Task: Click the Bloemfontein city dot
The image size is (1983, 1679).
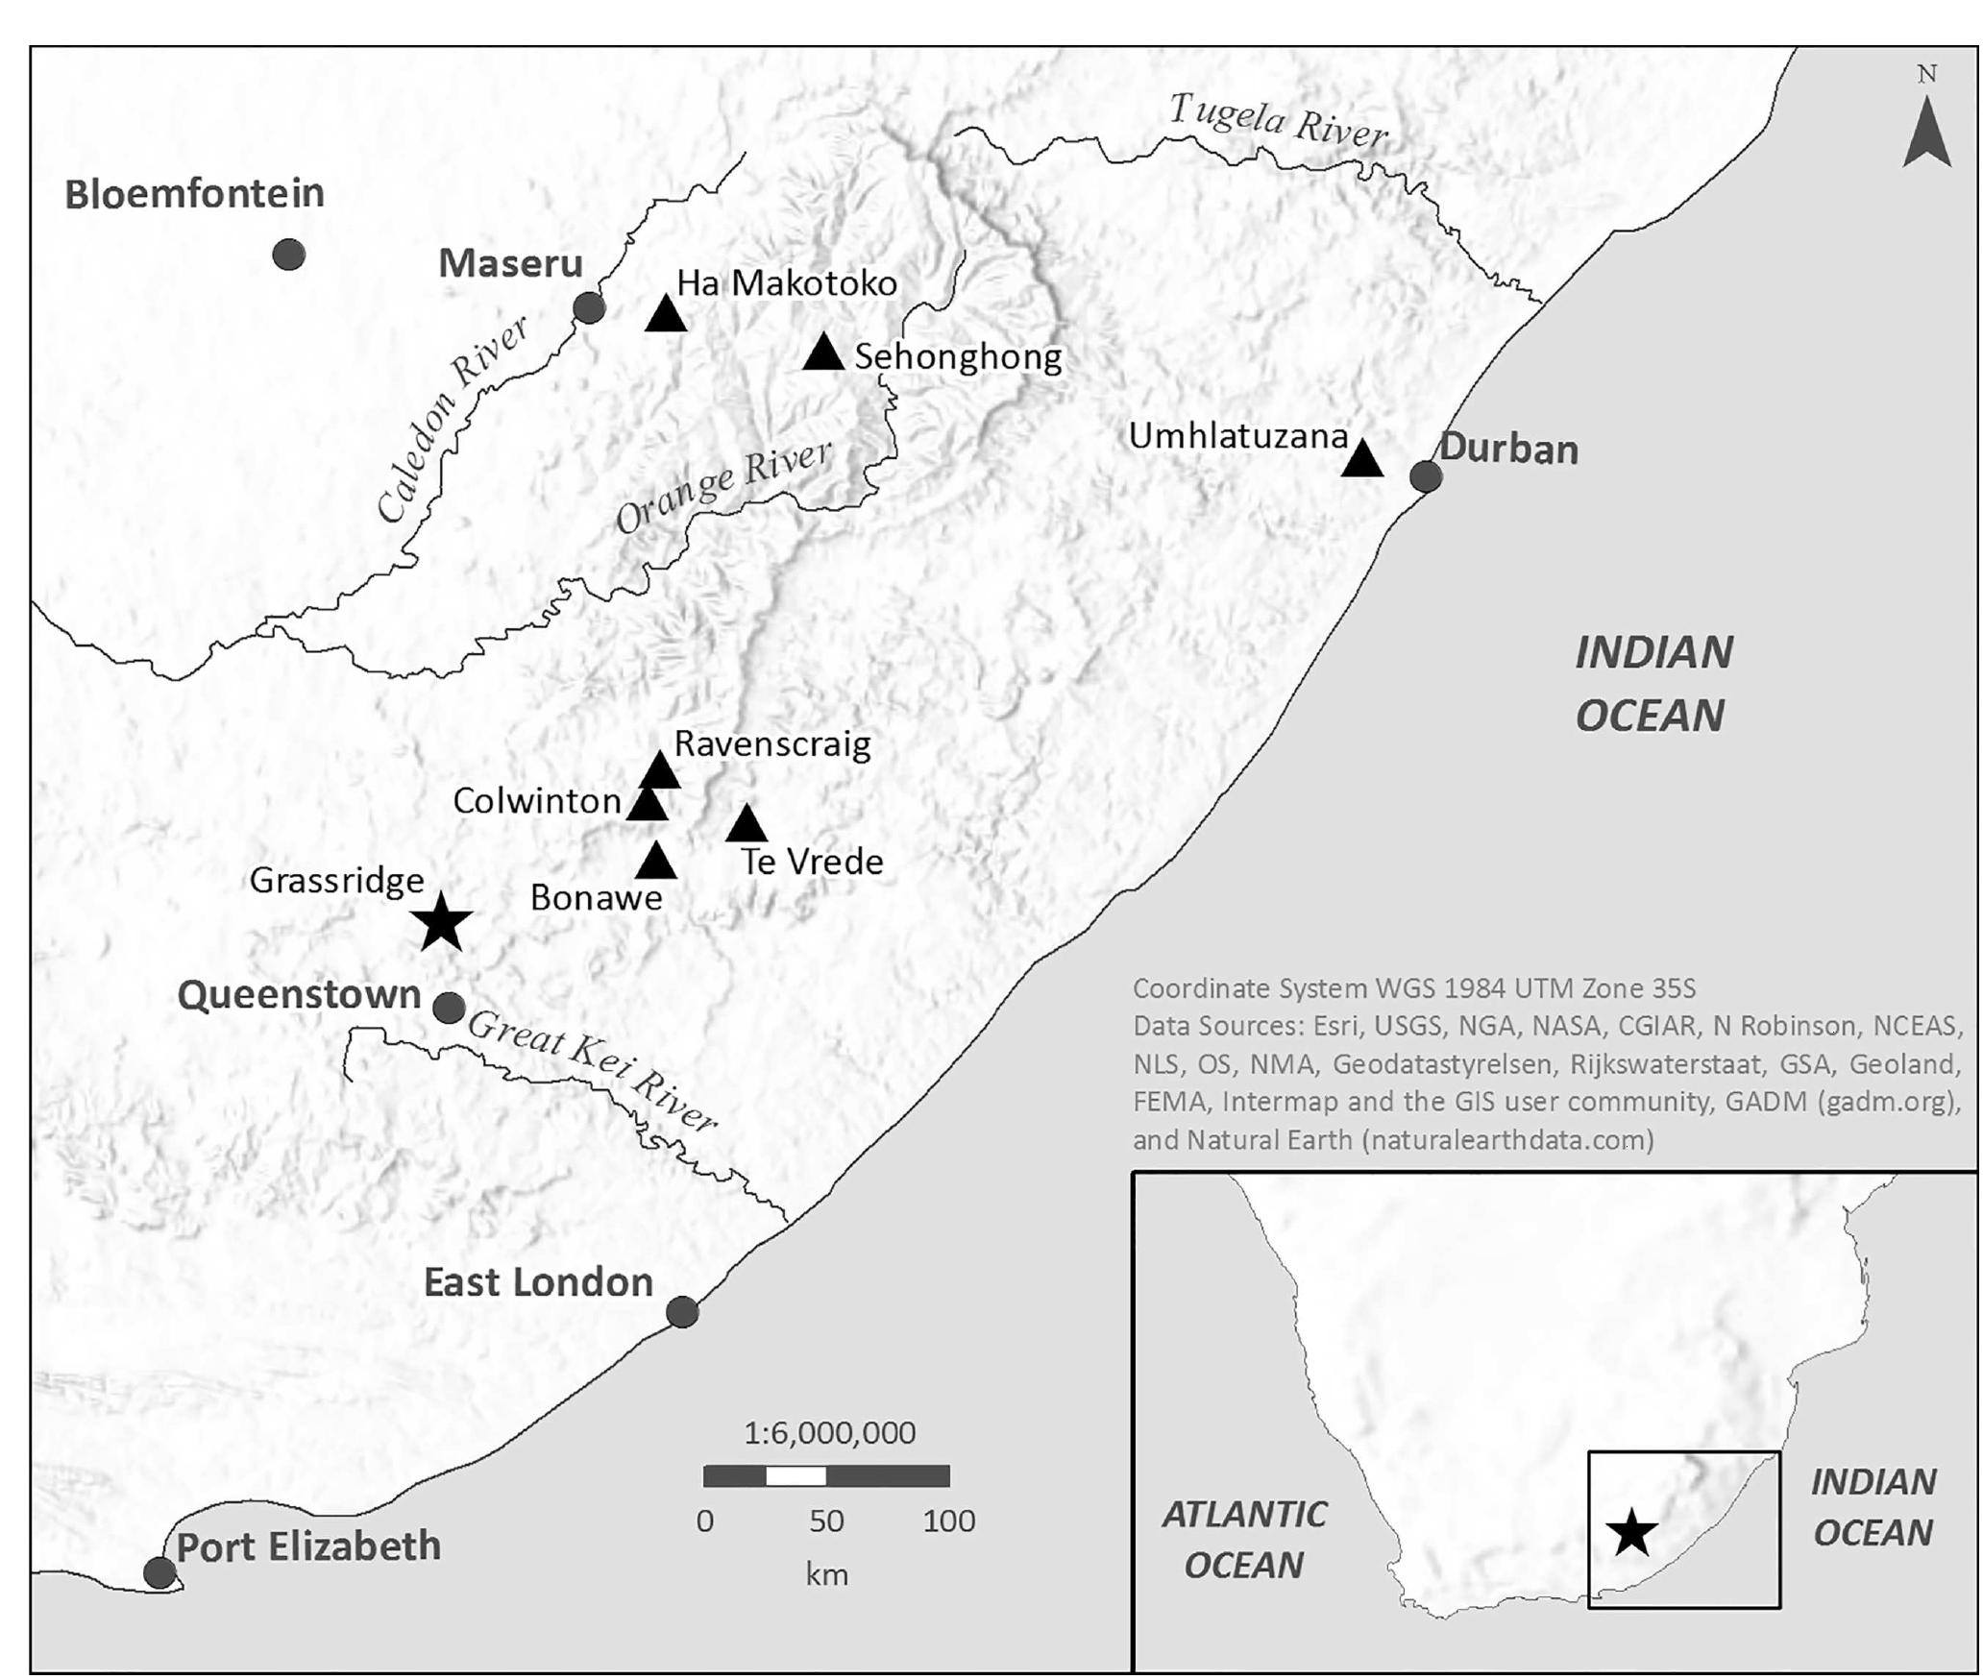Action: [289, 255]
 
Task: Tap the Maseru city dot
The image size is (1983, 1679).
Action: [589, 308]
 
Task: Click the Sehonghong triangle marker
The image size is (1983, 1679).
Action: [823, 353]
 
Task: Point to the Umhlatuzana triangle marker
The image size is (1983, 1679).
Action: [1361, 459]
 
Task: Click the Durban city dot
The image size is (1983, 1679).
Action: [1426, 475]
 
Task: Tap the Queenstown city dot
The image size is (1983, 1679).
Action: [449, 1008]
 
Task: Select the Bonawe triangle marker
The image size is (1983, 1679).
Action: [656, 862]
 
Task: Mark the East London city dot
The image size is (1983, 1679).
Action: [682, 1311]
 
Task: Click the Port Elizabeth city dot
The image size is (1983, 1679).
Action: [159, 1573]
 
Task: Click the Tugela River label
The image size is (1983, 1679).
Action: [1279, 122]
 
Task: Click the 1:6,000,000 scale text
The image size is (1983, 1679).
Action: [830, 1432]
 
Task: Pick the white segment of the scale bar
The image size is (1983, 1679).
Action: [796, 1475]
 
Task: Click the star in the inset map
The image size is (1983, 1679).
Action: [1631, 1533]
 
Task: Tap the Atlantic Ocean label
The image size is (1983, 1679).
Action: [1244, 1540]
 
